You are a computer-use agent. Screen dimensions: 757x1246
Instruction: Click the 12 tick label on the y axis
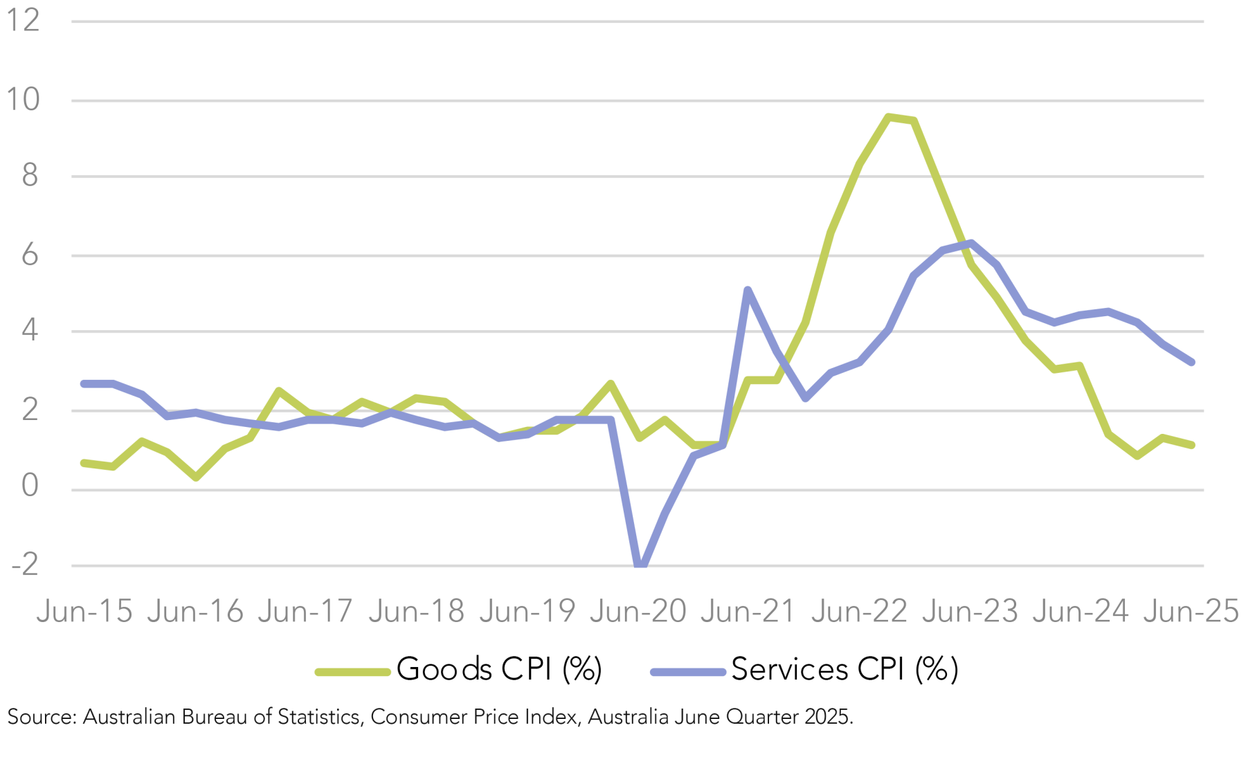click(22, 20)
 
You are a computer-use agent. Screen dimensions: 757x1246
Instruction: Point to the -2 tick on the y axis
click(25, 565)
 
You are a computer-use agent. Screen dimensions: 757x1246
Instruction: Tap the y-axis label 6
click(30, 255)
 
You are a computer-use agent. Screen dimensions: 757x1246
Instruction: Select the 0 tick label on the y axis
click(30, 486)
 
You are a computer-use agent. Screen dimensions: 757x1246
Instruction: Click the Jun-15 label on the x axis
click(84, 612)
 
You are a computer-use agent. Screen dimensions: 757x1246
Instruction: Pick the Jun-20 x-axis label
click(638, 612)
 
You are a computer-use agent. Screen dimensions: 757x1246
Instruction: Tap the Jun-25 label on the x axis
click(1191, 612)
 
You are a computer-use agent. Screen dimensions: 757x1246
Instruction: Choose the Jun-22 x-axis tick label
click(859, 612)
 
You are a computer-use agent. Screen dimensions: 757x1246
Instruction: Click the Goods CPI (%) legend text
click(499, 669)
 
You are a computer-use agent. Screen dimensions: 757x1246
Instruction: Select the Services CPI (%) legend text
click(845, 669)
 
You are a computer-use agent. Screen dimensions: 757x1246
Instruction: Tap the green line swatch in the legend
click(352, 671)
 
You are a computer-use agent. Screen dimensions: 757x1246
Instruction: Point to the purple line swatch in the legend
click(687, 671)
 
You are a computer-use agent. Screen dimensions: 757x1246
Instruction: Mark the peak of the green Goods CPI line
click(888, 117)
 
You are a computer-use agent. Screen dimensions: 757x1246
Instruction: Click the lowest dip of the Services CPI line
click(641, 566)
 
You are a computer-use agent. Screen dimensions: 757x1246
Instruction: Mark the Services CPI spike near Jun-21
click(748, 290)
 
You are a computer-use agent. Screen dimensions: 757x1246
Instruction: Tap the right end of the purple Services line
click(1191, 362)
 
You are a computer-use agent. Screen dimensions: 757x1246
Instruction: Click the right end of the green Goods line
click(1191, 445)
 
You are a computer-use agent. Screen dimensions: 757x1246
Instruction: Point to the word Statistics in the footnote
click(319, 717)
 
